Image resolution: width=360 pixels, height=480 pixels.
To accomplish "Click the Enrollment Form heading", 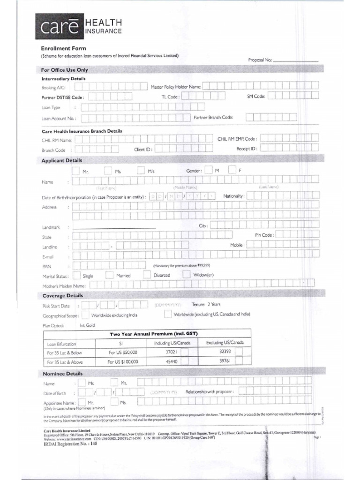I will [64, 48].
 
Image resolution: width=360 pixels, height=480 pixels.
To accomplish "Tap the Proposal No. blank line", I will [295, 60].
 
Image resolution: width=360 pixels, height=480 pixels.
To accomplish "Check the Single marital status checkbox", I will [76, 275].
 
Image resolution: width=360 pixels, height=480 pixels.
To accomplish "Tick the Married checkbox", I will [109, 275].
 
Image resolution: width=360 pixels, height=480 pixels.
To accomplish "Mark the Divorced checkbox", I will [147, 275].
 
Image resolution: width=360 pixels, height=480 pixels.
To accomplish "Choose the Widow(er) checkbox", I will [186, 274].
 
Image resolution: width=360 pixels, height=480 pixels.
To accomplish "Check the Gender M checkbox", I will [209, 170].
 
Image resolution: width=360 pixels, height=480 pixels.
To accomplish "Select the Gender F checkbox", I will [232, 170].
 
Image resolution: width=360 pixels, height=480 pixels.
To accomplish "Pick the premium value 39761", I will [226, 361].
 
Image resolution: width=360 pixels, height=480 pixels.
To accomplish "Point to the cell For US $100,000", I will [123, 362].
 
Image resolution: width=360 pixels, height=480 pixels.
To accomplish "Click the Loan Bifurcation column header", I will [61, 344].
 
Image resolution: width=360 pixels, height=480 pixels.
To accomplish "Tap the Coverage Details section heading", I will [62, 296].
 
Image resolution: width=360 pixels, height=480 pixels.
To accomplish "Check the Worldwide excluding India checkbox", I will [85, 315].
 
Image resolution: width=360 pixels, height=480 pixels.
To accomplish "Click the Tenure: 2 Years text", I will [206, 304].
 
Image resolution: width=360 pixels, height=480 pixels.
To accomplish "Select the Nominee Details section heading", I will [62, 374].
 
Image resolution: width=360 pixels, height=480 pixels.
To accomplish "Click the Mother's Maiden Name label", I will [64, 285].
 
